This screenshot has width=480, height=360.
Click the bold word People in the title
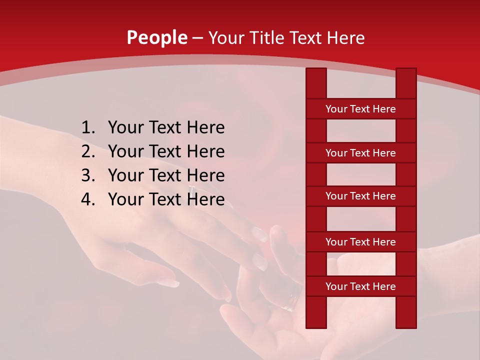[x=156, y=38]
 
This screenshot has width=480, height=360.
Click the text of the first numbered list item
[x=166, y=128]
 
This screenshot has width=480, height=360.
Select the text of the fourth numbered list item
[x=166, y=199]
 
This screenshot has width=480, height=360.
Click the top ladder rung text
[x=360, y=109]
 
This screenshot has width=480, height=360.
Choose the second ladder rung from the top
[x=360, y=153]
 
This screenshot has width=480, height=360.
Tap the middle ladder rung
[x=360, y=196]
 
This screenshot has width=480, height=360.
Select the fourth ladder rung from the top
[x=360, y=242]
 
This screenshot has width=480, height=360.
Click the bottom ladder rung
[x=360, y=286]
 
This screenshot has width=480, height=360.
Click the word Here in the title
[x=345, y=38]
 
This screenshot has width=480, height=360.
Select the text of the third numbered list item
[x=166, y=175]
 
